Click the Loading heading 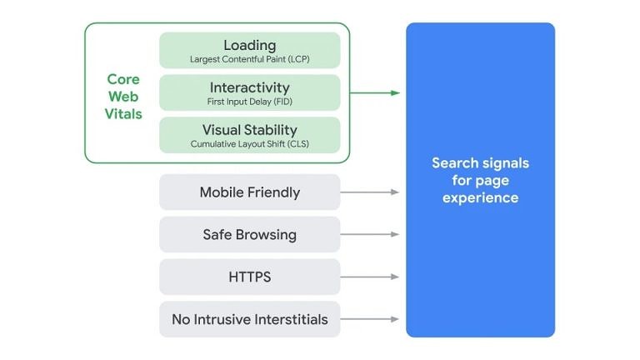tap(249, 45)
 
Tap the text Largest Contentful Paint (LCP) tap(249, 59)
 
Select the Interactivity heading tap(249, 87)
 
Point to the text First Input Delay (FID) tap(249, 102)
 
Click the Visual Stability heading tap(249, 130)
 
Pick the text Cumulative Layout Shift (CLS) tap(249, 144)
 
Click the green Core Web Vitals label tap(123, 96)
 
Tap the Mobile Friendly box tap(249, 192)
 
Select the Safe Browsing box tap(249, 234)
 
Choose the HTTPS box tap(249, 277)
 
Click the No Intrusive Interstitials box tap(249, 319)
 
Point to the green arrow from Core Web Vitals tap(375, 92)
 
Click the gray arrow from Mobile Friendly tap(370, 192)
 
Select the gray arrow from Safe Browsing tap(370, 234)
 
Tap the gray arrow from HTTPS tap(370, 277)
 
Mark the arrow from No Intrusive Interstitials tap(370, 319)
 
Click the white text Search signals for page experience tap(480, 180)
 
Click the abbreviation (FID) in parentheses tap(280, 102)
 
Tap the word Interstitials tap(289, 319)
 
